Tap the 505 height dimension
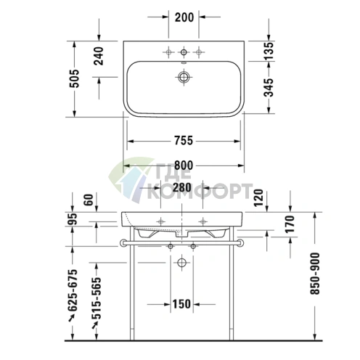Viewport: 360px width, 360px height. (75, 73)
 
